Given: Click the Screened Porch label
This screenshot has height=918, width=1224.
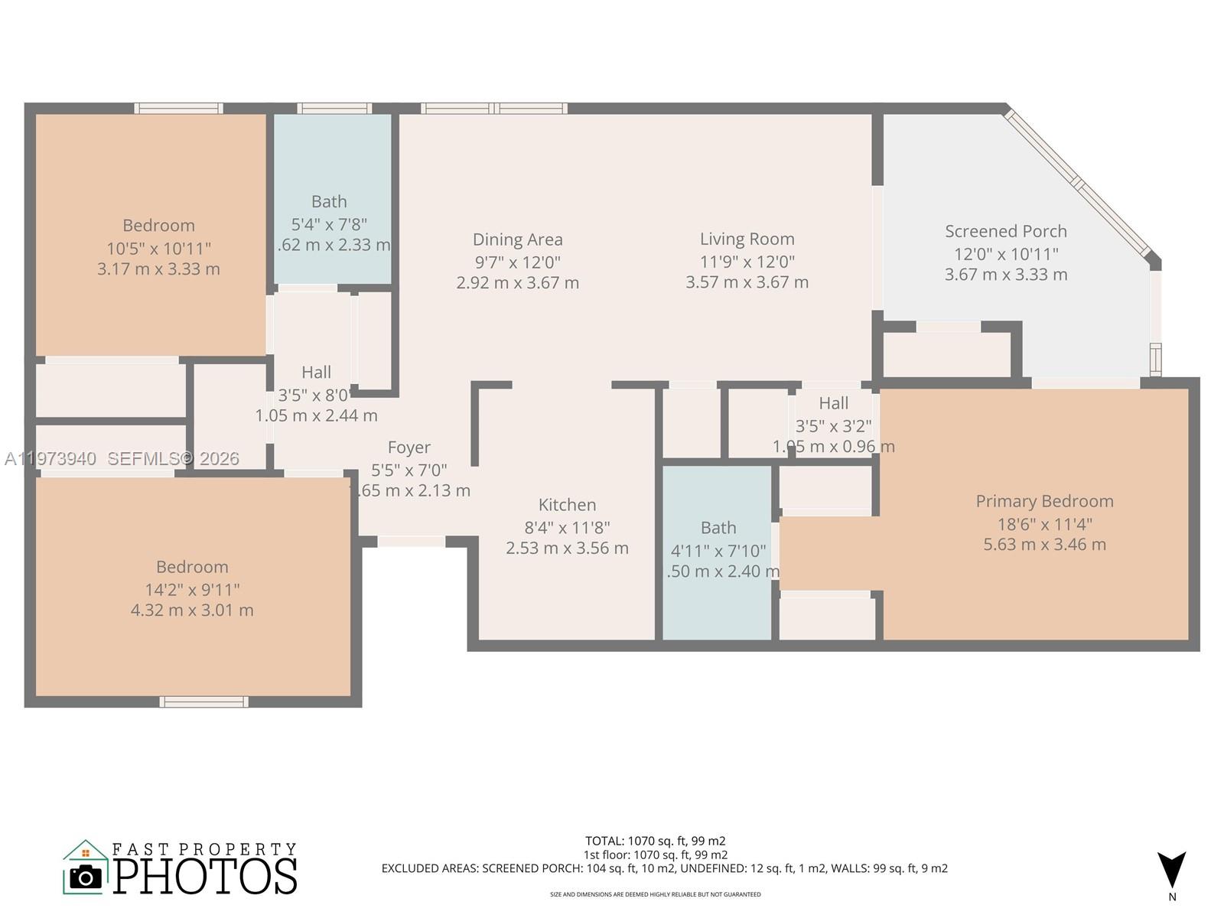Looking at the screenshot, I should pyautogui.click(x=1005, y=231).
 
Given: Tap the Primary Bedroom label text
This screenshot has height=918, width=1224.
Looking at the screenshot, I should pyautogui.click(x=1044, y=501).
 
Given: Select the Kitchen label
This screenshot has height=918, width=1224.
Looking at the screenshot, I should pyautogui.click(x=567, y=505).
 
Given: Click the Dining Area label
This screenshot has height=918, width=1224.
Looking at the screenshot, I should pyautogui.click(x=517, y=239).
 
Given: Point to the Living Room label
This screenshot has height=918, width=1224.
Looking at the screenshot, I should pyautogui.click(x=747, y=239).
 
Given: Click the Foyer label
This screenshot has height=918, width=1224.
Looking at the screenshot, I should pyautogui.click(x=409, y=448).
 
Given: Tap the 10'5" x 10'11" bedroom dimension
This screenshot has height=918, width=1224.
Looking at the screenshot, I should pyautogui.click(x=158, y=248).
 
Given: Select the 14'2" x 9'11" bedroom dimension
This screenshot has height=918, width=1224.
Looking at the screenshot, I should pyautogui.click(x=192, y=590).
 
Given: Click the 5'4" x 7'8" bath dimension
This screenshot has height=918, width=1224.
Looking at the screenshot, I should pyautogui.click(x=329, y=224).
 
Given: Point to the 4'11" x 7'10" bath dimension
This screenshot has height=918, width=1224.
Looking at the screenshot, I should pyautogui.click(x=718, y=550).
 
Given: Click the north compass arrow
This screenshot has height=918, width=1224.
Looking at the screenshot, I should pyautogui.click(x=1171, y=870).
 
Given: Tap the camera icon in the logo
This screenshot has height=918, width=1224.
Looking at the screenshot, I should pyautogui.click(x=85, y=877).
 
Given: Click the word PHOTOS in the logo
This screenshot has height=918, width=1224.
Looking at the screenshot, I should pyautogui.click(x=205, y=876).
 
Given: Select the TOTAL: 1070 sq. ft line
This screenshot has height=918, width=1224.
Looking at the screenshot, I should pyautogui.click(x=655, y=841).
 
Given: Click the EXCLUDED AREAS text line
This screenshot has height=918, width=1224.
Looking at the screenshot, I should pyautogui.click(x=664, y=868).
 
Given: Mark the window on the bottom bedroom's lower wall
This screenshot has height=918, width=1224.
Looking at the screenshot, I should pyautogui.click(x=203, y=702).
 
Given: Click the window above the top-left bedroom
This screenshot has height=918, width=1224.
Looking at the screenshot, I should pyautogui.click(x=178, y=109).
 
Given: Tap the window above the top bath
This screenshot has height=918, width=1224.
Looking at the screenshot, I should pyautogui.click(x=334, y=109).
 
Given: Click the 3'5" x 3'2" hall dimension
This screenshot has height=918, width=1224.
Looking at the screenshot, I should pyautogui.click(x=833, y=426).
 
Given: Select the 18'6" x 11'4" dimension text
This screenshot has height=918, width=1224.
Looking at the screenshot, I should pyautogui.click(x=1044, y=524).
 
